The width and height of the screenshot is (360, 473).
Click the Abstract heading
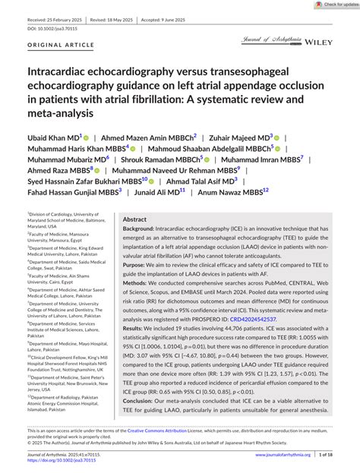point(135,219)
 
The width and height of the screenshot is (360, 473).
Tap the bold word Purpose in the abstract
point(137,264)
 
